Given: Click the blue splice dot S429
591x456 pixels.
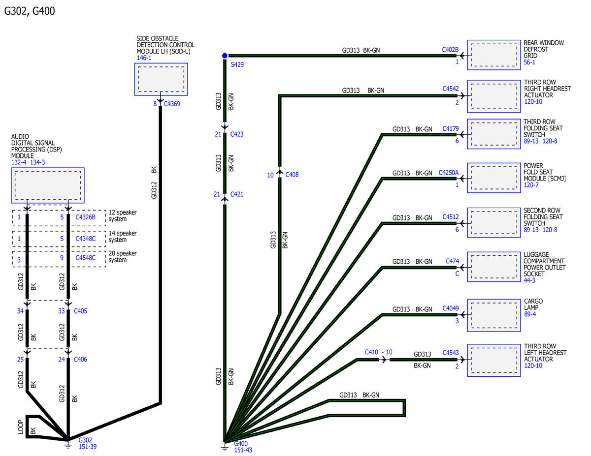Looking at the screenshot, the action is pos(225,56).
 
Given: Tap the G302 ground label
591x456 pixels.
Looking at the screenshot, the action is pos(85,440).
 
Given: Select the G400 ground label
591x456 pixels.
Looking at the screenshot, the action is pos(241,444).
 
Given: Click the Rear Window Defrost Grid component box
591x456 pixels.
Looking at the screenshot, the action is pos(494,55).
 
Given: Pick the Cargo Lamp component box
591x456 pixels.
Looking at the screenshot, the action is pos(494,315).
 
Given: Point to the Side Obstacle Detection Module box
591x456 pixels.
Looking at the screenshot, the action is pos(161,79).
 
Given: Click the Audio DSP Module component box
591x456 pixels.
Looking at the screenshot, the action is pos(48,185).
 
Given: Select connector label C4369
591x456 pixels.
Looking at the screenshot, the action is pos(172,104).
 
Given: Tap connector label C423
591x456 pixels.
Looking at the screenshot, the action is pos(237,134).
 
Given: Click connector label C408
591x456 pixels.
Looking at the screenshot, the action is pos(292,175).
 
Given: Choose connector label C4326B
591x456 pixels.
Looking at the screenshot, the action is pos(85,217).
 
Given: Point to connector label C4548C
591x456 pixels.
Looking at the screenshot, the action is pos(85,258).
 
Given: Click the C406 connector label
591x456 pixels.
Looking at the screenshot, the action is pos(80,359).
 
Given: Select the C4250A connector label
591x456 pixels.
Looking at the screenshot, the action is pos(449,173).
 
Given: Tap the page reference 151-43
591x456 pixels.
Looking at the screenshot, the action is pos(243,450).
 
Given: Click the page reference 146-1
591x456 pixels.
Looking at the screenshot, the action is pos(144,58).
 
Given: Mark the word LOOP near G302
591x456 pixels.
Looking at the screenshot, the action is pos(21,426).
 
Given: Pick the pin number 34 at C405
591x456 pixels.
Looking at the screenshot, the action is pos(20,311).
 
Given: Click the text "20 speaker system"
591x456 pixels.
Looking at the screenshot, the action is pos(123,256).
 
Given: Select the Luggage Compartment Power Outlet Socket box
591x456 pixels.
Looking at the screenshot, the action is pos(494,267).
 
